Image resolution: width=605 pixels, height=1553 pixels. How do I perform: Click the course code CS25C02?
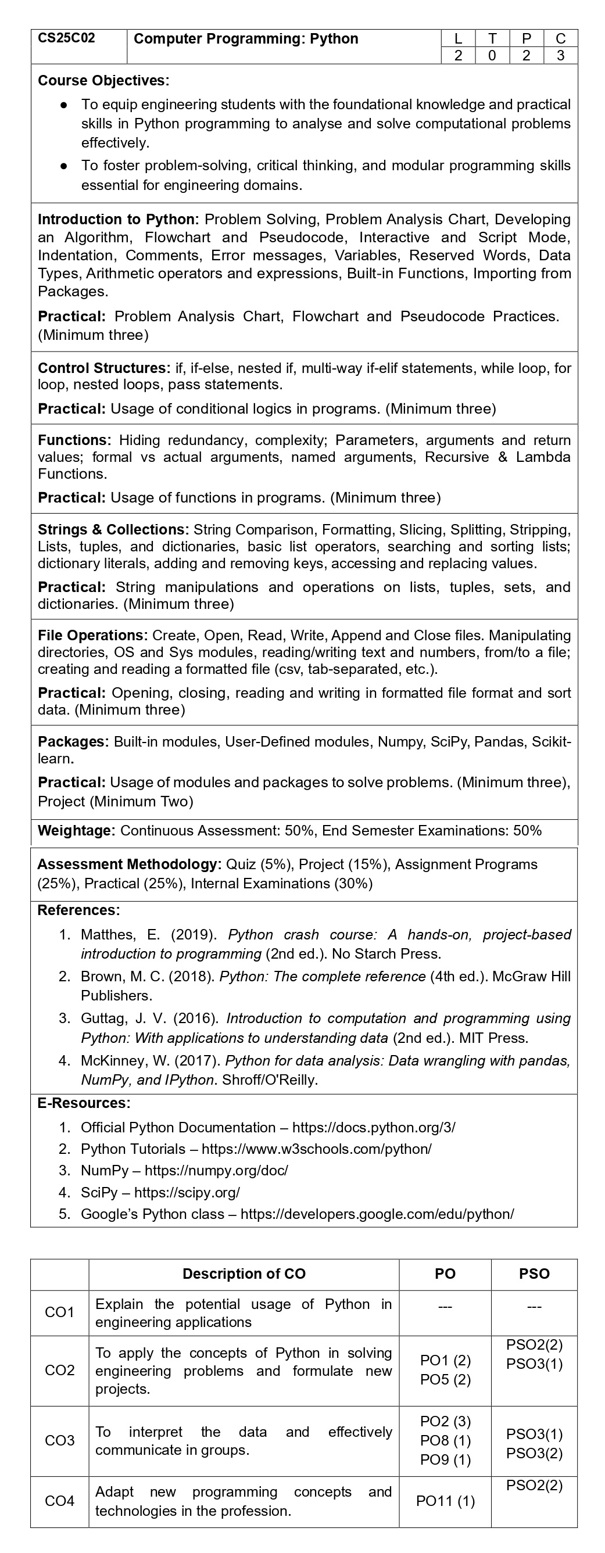pos(66,38)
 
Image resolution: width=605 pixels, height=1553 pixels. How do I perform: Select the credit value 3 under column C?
pos(560,55)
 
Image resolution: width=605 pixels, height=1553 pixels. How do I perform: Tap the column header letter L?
pos(459,38)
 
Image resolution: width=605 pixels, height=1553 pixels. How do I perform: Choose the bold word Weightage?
pos(76,830)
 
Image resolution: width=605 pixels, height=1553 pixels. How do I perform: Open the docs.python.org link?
pos(373,1127)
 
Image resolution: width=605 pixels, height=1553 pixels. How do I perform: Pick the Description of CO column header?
pos(244,1274)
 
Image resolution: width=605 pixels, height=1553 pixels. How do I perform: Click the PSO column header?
pos(534,1274)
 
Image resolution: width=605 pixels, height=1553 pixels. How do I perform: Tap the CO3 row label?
pos(60,1440)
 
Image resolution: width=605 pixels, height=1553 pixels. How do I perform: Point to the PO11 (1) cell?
pos(445,1501)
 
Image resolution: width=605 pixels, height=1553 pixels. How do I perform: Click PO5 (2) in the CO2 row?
pos(445,1379)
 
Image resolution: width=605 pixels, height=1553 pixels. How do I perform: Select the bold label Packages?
pos(74,741)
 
